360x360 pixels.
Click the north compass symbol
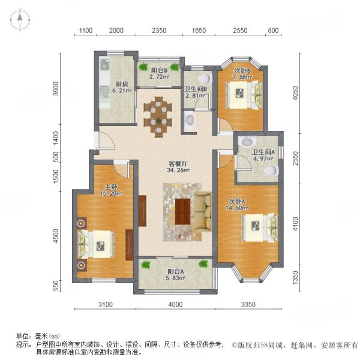(x=20, y=20)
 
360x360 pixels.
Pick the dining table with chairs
(x=160, y=115)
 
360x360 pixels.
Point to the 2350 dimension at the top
(x=158, y=31)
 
